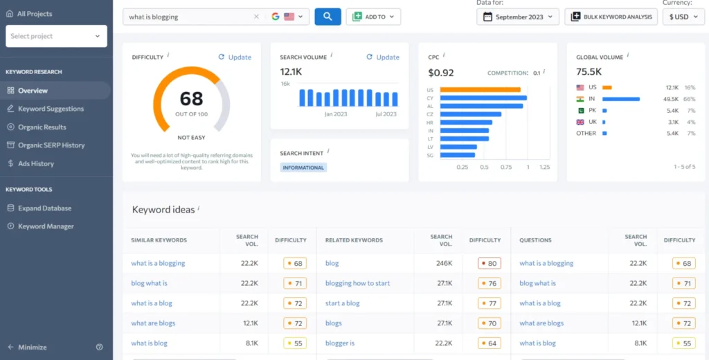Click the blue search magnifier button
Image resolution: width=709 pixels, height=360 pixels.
pyautogui.click(x=327, y=17)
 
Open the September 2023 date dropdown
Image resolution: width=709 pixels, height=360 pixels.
pyautogui.click(x=517, y=17)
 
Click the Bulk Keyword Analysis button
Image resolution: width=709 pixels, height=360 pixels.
pyautogui.click(x=611, y=17)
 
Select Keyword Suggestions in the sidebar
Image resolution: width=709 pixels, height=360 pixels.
pyautogui.click(x=51, y=109)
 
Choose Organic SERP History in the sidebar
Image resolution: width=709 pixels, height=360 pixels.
pyautogui.click(x=51, y=145)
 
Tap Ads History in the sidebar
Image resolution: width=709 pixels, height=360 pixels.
pyautogui.click(x=35, y=163)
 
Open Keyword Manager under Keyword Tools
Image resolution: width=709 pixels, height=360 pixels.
pyautogui.click(x=46, y=226)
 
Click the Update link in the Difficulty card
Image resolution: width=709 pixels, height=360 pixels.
pyautogui.click(x=235, y=57)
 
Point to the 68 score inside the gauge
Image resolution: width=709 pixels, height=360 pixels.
pyautogui.click(x=191, y=98)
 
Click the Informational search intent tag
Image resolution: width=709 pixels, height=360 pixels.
pyautogui.click(x=303, y=168)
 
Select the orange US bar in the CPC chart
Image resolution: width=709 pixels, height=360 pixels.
pyautogui.click(x=480, y=89)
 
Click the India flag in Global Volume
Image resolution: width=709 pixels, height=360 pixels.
pyautogui.click(x=580, y=99)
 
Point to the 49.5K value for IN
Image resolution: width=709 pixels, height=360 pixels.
pyautogui.click(x=672, y=99)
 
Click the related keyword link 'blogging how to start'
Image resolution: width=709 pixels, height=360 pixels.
pyautogui.click(x=357, y=283)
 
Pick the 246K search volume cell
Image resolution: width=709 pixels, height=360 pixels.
pyautogui.click(x=444, y=263)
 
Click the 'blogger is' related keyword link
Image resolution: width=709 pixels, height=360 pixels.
pyautogui.click(x=340, y=343)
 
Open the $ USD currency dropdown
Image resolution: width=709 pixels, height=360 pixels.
pyautogui.click(x=683, y=17)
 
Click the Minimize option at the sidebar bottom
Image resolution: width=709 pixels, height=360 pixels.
pyautogui.click(x=33, y=347)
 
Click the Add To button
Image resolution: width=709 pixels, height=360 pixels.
pyautogui.click(x=373, y=17)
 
